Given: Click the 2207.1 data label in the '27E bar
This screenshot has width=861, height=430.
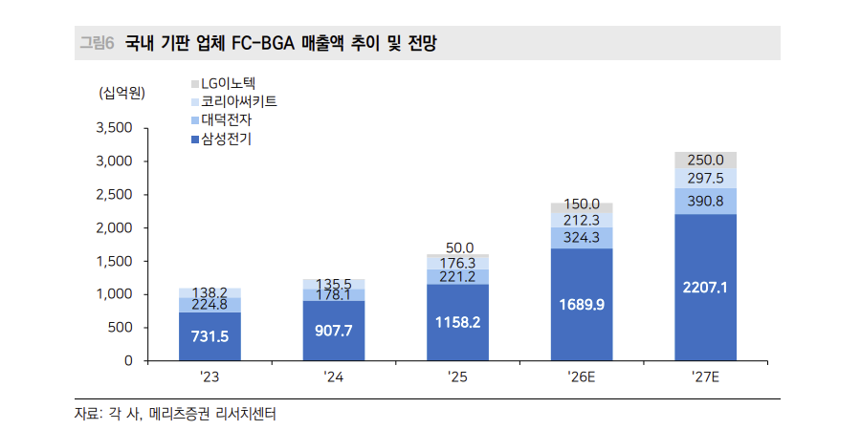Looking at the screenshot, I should [x=705, y=286].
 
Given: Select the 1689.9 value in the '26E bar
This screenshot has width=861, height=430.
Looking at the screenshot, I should [x=581, y=305].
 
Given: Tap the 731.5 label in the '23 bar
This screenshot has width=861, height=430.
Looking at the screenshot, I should [x=210, y=337].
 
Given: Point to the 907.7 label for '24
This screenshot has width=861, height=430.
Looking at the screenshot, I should [x=333, y=331].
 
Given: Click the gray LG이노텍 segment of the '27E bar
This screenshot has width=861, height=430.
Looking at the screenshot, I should [x=705, y=160].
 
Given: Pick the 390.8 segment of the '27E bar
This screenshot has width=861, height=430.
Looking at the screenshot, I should [x=705, y=201].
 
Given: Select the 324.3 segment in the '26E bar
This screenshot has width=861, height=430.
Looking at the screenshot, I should [x=581, y=237].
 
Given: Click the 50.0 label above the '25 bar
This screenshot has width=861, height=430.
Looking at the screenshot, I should [x=457, y=247].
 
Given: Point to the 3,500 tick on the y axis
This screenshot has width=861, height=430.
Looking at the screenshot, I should [x=114, y=128].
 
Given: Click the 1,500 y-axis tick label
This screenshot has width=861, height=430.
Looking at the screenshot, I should [x=114, y=262].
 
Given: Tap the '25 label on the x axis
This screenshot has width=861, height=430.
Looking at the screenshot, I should [x=457, y=377].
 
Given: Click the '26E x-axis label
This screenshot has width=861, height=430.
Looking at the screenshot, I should [x=581, y=377].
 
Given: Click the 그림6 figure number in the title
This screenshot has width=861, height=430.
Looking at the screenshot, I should [x=96, y=43].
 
